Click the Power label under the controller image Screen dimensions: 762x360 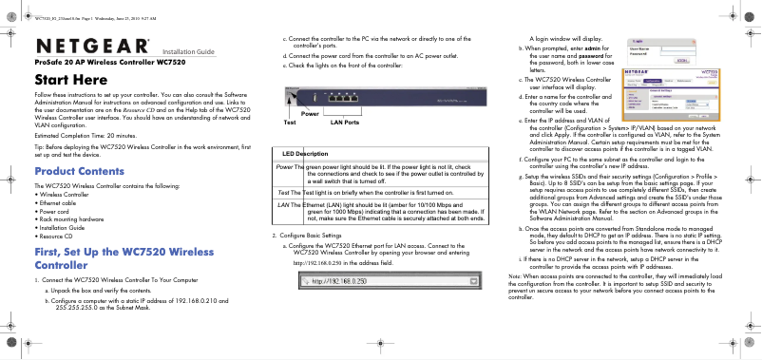[310, 113]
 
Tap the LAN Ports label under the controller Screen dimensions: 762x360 [344, 123]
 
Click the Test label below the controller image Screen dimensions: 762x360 [290, 123]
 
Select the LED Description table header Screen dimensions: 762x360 [299, 153]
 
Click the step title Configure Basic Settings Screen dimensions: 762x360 [312, 235]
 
